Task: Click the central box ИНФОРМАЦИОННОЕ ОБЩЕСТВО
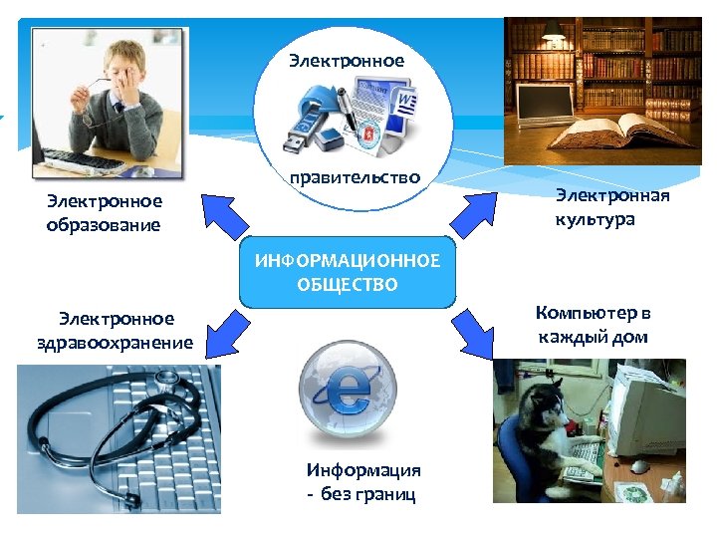[347, 273]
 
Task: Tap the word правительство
[355, 178]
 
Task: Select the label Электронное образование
[104, 213]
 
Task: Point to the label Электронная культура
[611, 206]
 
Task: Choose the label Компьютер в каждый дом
[593, 325]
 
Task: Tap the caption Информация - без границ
[362, 482]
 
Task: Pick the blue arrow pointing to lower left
[225, 331]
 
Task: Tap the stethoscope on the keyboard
[119, 418]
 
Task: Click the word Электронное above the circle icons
[347, 61]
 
